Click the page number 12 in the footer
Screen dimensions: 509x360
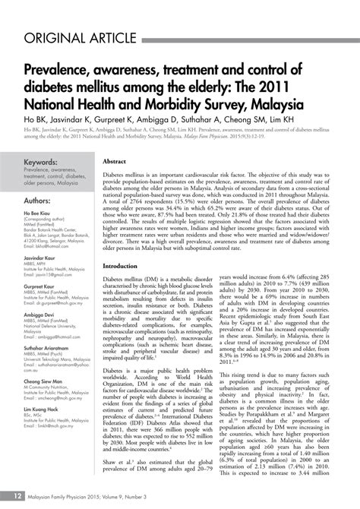tap(17, 495)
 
